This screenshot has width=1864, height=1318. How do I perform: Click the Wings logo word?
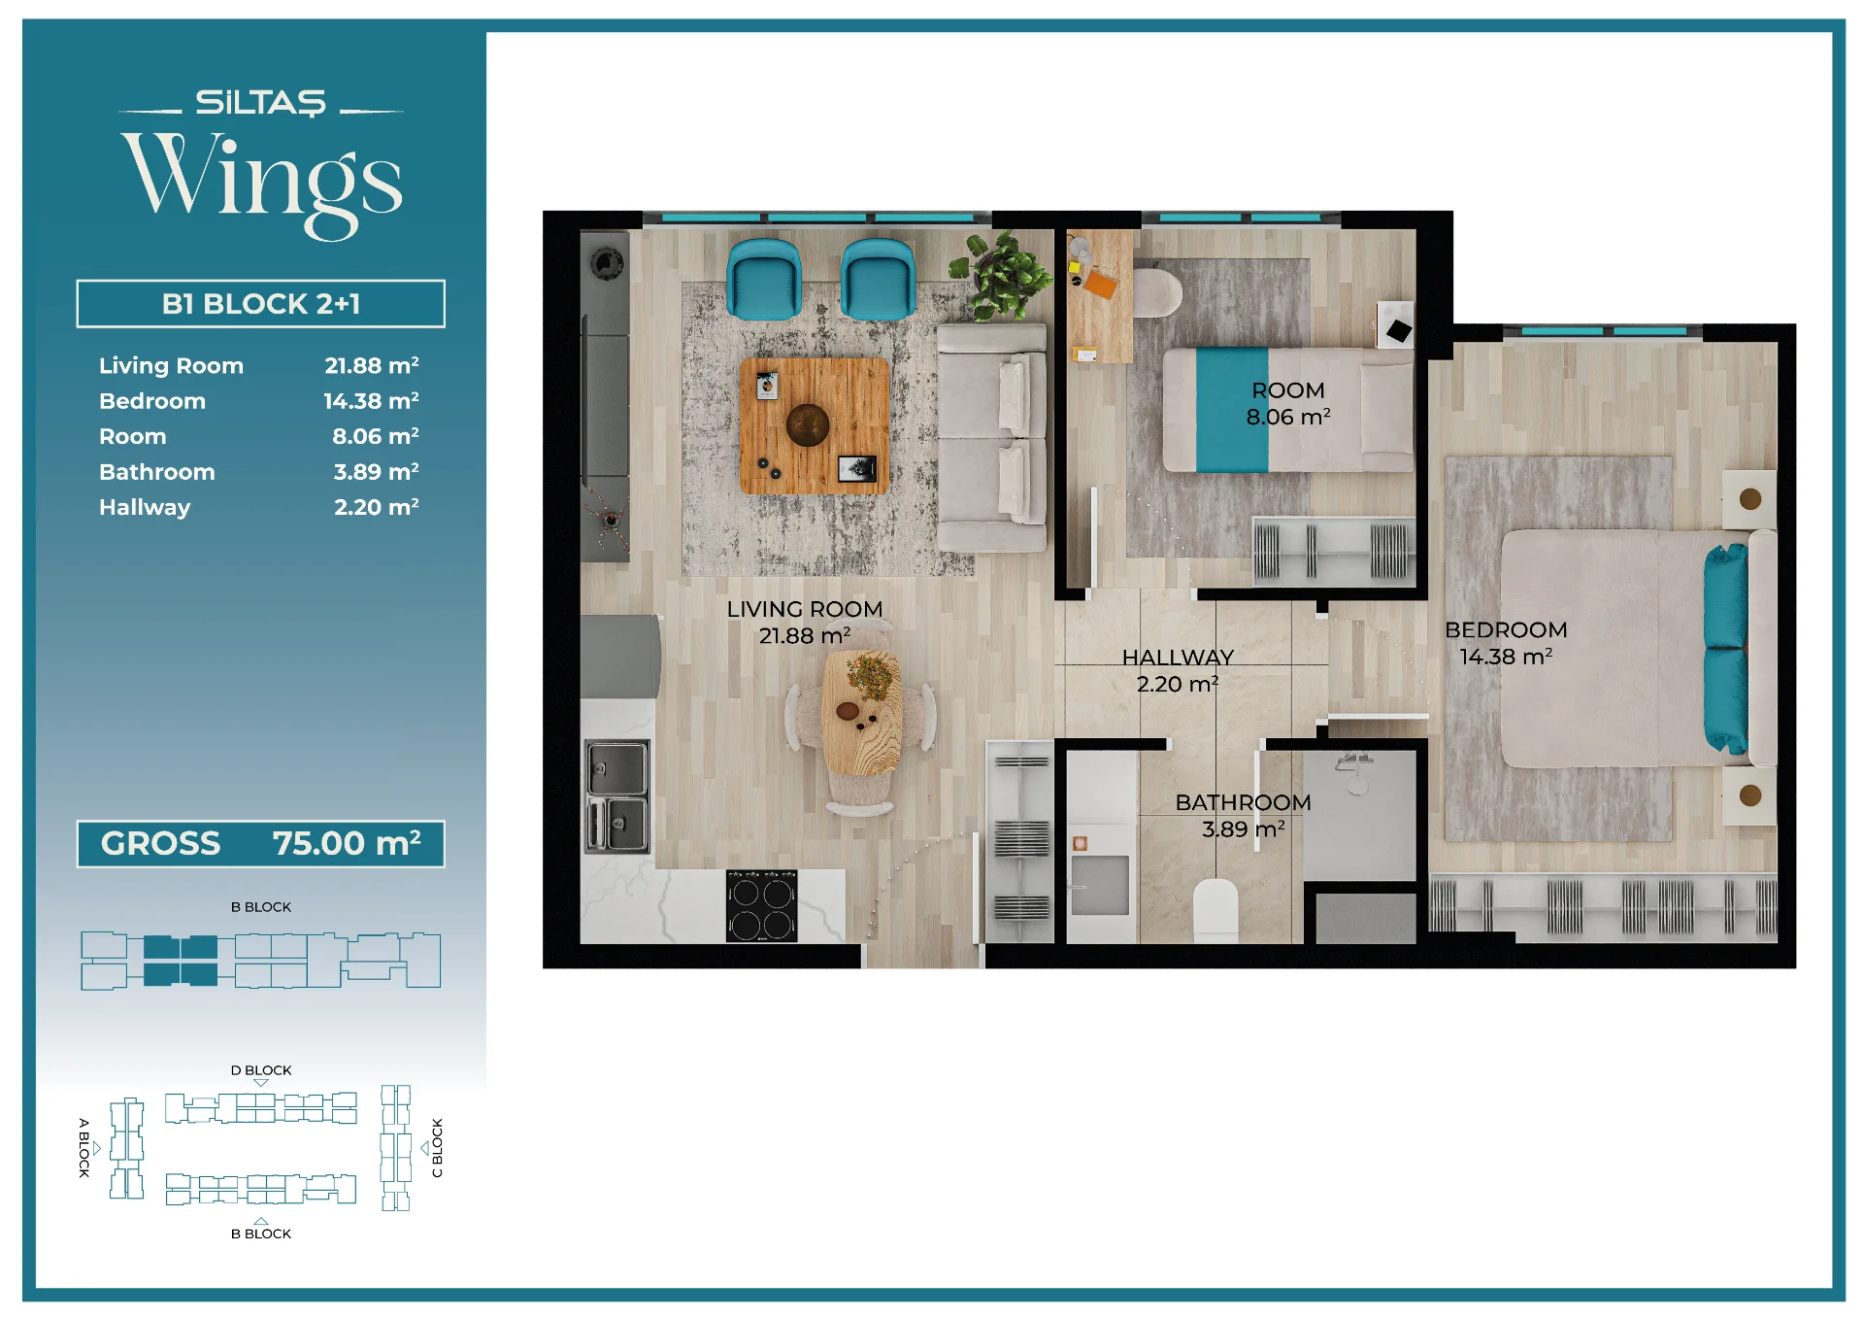tap(262, 182)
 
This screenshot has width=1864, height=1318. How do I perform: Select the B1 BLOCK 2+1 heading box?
tap(260, 304)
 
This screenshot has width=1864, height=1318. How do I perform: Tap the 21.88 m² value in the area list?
tap(372, 365)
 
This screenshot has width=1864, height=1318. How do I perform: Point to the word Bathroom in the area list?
tap(157, 472)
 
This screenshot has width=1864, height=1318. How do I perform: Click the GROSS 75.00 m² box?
tap(260, 843)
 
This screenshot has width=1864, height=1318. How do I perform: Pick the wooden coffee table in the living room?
tap(815, 425)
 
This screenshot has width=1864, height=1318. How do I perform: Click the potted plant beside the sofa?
tap(1000, 274)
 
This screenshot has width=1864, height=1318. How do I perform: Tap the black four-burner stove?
tap(762, 905)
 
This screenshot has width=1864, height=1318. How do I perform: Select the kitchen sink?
tap(617, 795)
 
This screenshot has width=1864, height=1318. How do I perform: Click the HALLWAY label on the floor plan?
tap(1178, 658)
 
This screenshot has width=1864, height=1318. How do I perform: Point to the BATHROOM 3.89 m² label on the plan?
tap(1243, 815)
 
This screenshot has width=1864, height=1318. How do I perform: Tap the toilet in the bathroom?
tap(1215, 910)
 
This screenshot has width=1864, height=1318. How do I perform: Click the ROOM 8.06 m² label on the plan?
tap(1288, 403)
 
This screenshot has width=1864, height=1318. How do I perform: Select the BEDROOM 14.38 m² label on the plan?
tap(1506, 643)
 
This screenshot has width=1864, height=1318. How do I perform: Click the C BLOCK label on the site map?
tap(437, 1148)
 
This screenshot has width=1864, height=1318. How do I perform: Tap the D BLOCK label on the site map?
tap(261, 1070)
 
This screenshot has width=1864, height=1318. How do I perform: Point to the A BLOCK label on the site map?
tap(84, 1148)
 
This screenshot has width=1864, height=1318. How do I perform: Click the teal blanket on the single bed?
tap(1232, 410)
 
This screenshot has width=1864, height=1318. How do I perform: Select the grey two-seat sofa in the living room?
tap(992, 438)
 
